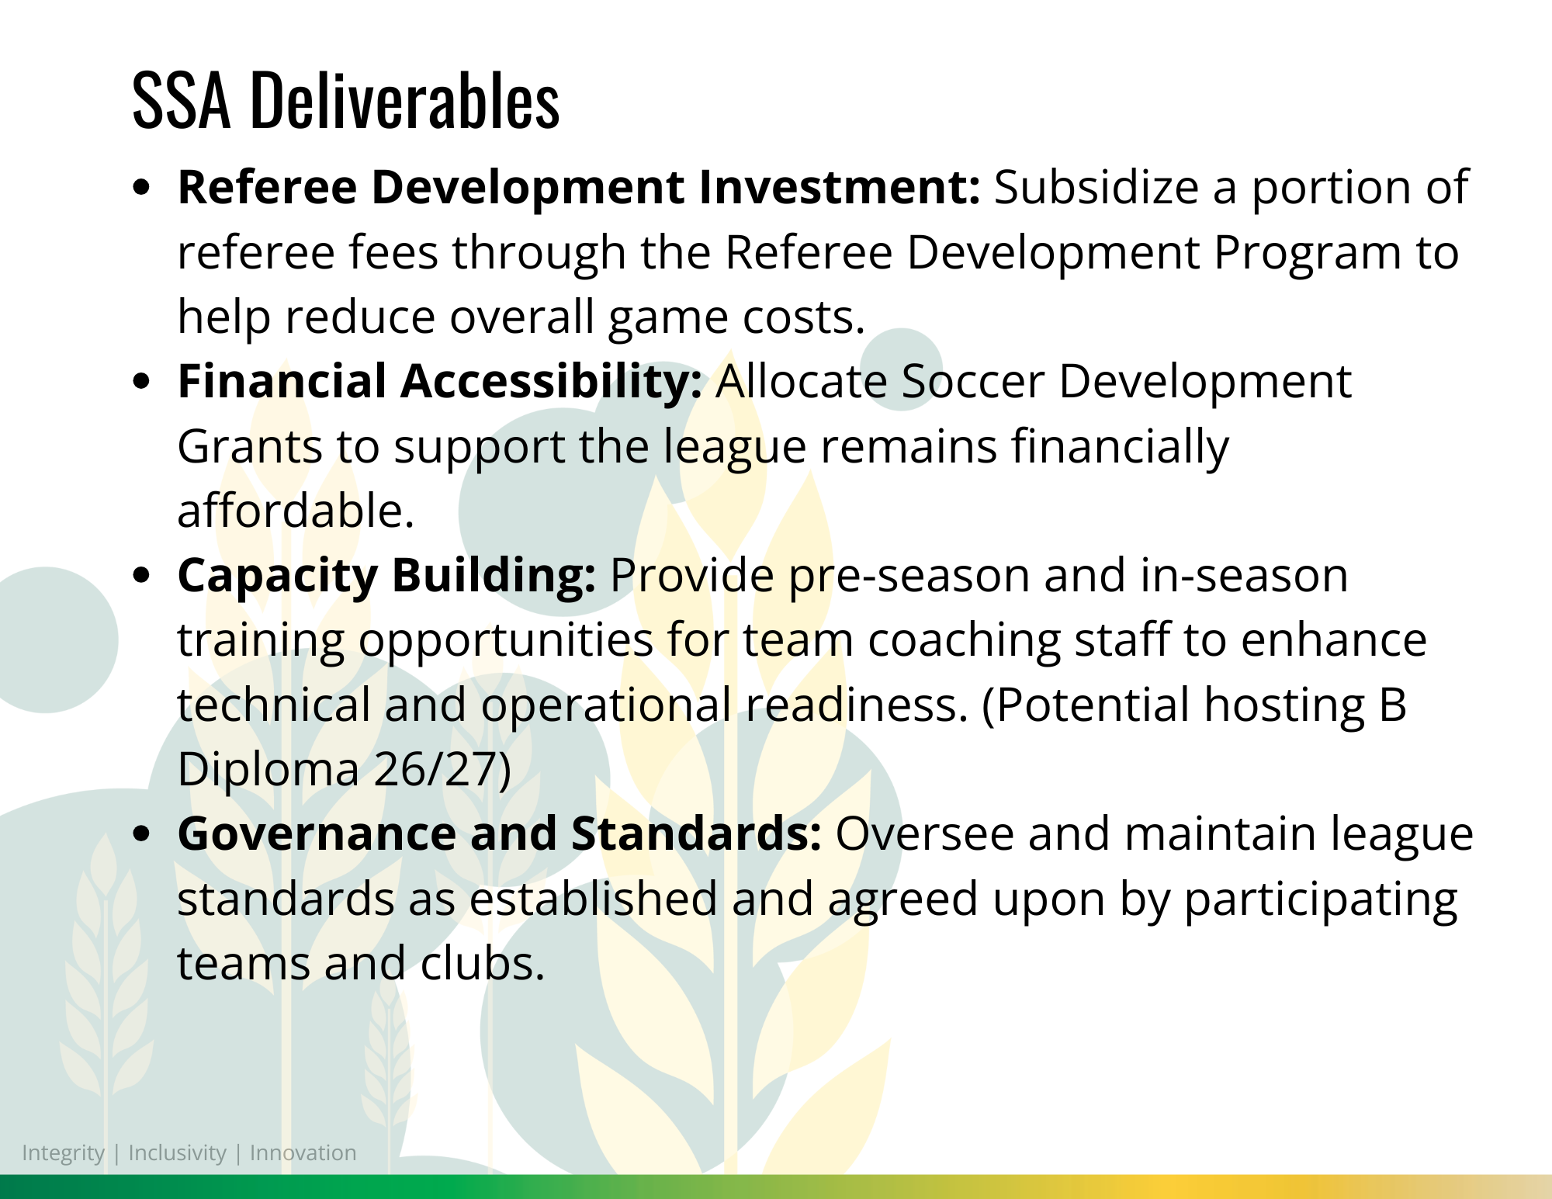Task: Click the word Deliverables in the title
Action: pos(404,100)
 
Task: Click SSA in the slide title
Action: pos(182,100)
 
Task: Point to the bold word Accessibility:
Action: pos(551,383)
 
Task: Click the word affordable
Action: pos(296,511)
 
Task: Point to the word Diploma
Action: pos(268,771)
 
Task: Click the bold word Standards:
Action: pos(696,834)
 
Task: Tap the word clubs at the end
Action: pos(483,963)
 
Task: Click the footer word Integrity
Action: pos(63,1154)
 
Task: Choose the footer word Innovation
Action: pos(303,1153)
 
